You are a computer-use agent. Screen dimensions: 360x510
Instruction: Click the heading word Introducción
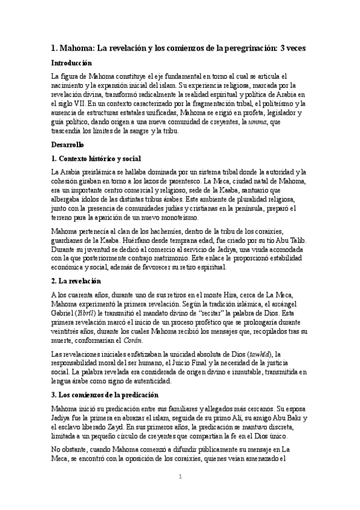72,63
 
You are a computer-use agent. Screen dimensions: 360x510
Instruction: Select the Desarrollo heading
68,144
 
